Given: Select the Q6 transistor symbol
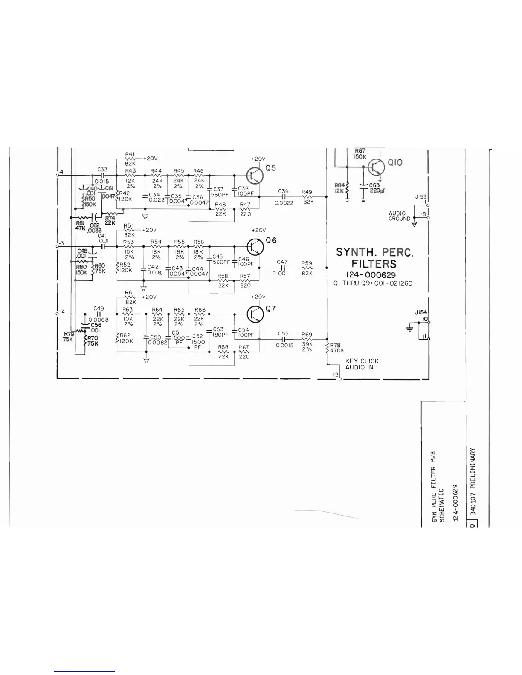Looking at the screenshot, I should coord(255,246).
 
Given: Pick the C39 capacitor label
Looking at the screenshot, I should coord(283,192).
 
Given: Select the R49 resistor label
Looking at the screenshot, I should coord(307,192).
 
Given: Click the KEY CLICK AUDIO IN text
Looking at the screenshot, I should coord(362,364).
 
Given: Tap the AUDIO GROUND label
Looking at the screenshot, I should coord(399,216).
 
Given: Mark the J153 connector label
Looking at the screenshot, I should coord(421,197).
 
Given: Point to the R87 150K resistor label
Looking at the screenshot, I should coord(360,153).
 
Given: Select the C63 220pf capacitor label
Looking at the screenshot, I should coord(376,188).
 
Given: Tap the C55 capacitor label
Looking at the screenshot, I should coord(283,334).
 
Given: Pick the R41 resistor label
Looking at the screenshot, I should coord(130,154).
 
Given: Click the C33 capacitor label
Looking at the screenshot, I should coord(102,169).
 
